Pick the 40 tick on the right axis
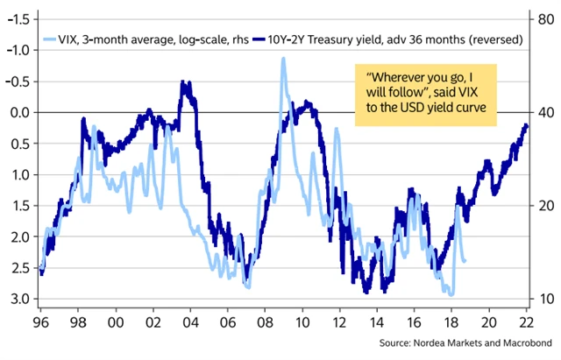(x=543, y=113)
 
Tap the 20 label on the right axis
(x=543, y=206)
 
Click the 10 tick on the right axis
(x=543, y=299)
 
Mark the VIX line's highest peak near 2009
(x=283, y=59)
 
